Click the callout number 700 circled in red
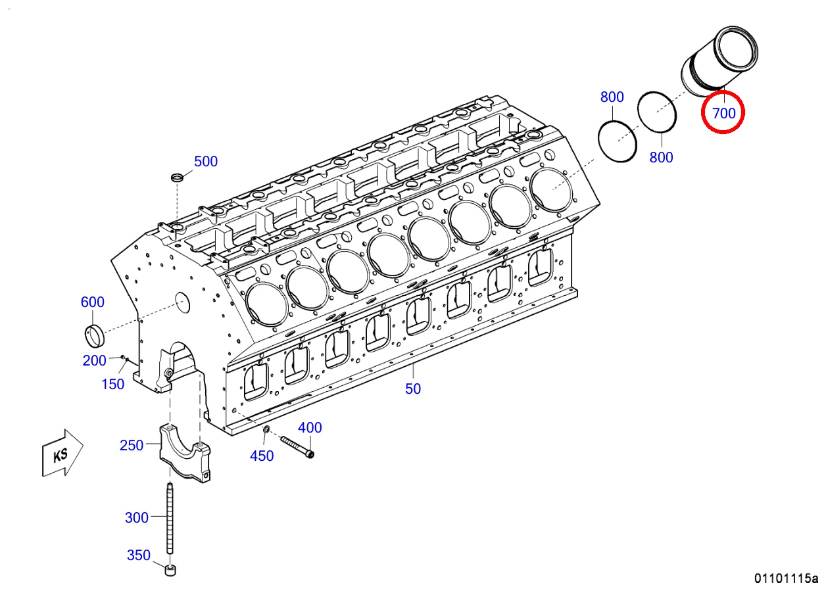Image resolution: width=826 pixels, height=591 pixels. click(723, 113)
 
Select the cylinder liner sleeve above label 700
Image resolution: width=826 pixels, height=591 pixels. click(719, 62)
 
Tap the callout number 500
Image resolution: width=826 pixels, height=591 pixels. click(206, 162)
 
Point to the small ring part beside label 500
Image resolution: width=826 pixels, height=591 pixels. click(178, 177)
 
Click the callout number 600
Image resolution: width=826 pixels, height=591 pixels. click(93, 302)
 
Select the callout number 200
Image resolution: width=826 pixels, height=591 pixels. click(95, 360)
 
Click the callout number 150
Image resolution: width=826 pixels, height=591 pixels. click(113, 385)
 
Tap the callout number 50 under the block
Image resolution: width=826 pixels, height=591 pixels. click(412, 389)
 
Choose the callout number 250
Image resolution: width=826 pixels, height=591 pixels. click(132, 445)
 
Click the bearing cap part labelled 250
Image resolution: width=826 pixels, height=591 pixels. click(185, 453)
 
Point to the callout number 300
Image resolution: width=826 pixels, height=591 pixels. click(136, 517)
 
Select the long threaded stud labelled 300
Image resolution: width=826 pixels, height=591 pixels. click(170, 519)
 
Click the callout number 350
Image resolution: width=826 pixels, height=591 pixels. click(139, 556)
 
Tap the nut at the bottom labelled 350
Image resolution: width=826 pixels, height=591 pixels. click(170, 571)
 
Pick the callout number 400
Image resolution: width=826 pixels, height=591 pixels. click(310, 428)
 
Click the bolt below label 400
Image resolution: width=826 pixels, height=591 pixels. click(297, 447)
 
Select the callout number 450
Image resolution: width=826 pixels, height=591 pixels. click(262, 456)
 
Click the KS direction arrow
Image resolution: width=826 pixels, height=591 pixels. click(62, 453)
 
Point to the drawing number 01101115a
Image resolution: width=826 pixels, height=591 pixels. click(786, 578)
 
